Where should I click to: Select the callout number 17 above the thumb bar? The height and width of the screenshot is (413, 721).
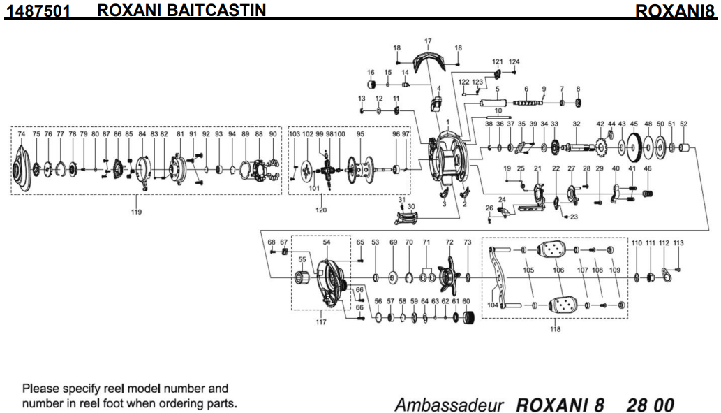point(428,41)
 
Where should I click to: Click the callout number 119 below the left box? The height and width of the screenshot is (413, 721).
point(135,212)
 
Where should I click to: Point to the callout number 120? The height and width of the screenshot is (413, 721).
point(321,210)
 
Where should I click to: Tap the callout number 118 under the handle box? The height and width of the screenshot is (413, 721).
point(555,329)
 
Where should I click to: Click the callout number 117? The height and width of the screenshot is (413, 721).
point(321,322)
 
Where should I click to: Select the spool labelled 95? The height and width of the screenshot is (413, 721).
point(361,170)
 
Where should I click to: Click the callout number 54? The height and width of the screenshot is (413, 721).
point(326,242)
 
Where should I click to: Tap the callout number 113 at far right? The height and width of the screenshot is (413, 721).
point(678,242)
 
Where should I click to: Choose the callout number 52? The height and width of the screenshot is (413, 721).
point(683,124)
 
